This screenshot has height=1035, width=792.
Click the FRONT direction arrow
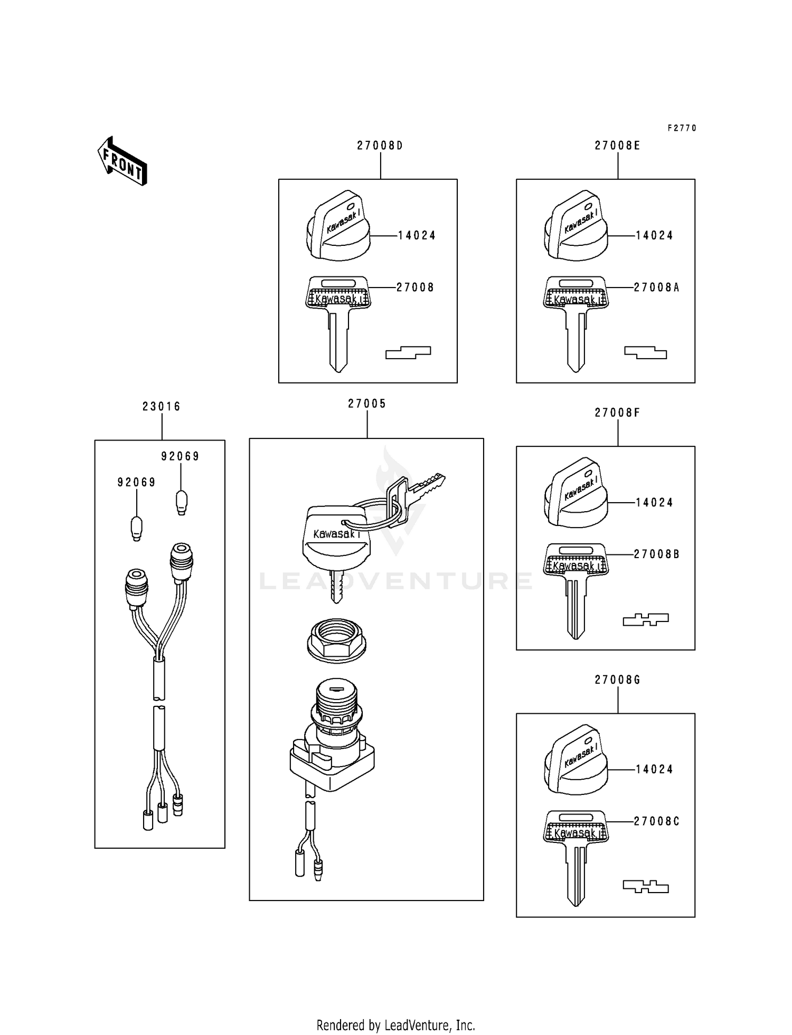[x=122, y=161]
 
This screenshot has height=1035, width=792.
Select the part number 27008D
[x=380, y=146]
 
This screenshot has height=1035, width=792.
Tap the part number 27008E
[x=617, y=146]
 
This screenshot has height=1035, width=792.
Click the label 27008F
[x=617, y=413]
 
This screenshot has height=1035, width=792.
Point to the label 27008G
[x=617, y=680]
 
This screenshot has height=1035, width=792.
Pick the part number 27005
[x=367, y=404]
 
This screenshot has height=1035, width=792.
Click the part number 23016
[x=162, y=407]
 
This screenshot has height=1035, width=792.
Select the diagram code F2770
[x=682, y=128]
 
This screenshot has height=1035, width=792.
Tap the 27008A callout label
[x=656, y=287]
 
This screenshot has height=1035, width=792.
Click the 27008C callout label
[x=656, y=821]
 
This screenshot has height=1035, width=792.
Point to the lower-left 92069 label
[x=136, y=483]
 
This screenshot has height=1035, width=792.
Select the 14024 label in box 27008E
[x=654, y=236]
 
